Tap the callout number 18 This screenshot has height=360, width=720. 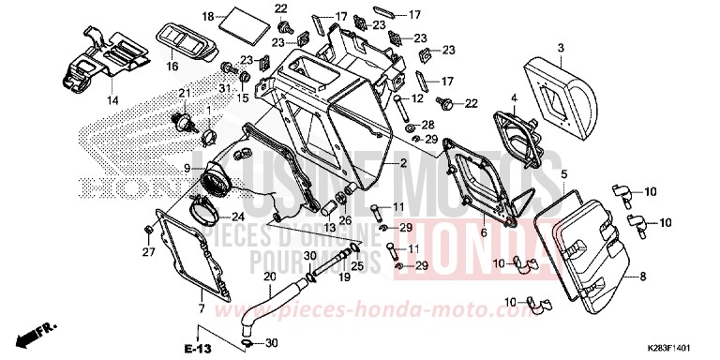tap(208, 16)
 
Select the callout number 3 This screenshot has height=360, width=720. tap(560, 47)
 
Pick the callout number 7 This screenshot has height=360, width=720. tap(201, 307)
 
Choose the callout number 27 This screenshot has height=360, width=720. tap(146, 251)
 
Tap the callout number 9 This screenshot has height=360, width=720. tap(187, 169)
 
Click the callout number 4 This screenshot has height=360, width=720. tap(514, 97)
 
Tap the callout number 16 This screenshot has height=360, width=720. tap(172, 67)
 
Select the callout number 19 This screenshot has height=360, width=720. tap(344, 277)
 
